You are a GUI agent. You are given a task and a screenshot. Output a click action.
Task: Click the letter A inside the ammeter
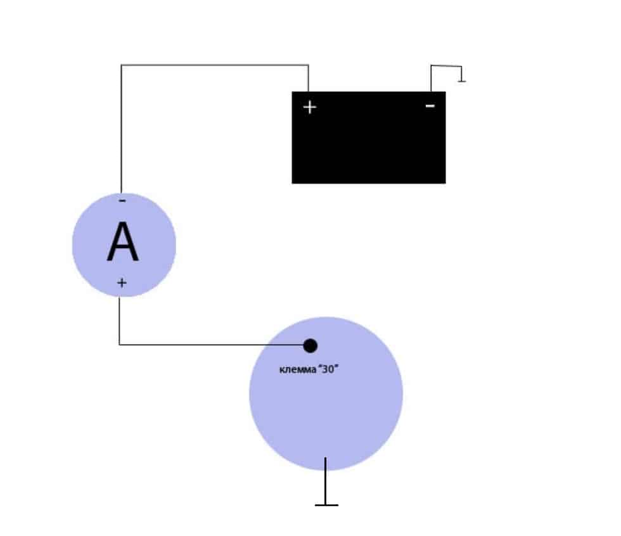[123, 242]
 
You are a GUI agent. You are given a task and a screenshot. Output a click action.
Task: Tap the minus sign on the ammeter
[122, 201]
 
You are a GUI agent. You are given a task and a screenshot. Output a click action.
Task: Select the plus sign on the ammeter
[122, 283]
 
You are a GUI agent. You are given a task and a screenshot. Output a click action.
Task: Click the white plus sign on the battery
[310, 107]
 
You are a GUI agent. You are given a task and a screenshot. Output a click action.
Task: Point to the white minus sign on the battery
[430, 106]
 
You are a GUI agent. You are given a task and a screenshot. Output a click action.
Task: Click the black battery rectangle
[369, 137]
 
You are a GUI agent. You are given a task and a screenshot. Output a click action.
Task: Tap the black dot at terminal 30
[310, 345]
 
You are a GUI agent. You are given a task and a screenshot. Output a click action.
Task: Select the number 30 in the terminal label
[328, 369]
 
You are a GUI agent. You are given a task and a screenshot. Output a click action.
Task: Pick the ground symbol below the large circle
[326, 505]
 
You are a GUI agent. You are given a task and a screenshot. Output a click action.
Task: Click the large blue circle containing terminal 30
[326, 394]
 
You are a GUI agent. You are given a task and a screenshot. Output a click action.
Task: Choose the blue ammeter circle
[124, 245]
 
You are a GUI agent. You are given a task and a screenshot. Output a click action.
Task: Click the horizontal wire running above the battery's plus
[215, 65]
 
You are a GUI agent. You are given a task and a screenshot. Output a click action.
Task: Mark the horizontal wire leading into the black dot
[211, 345]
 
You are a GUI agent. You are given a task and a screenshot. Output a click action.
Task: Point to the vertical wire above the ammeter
[121, 129]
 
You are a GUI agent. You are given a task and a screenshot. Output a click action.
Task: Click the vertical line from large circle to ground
[326, 481]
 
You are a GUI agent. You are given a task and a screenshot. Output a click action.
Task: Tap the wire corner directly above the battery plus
[308, 65]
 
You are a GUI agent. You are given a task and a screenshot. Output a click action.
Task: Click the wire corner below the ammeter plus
[119, 345]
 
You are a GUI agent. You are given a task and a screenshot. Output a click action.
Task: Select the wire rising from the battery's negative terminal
[431, 79]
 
